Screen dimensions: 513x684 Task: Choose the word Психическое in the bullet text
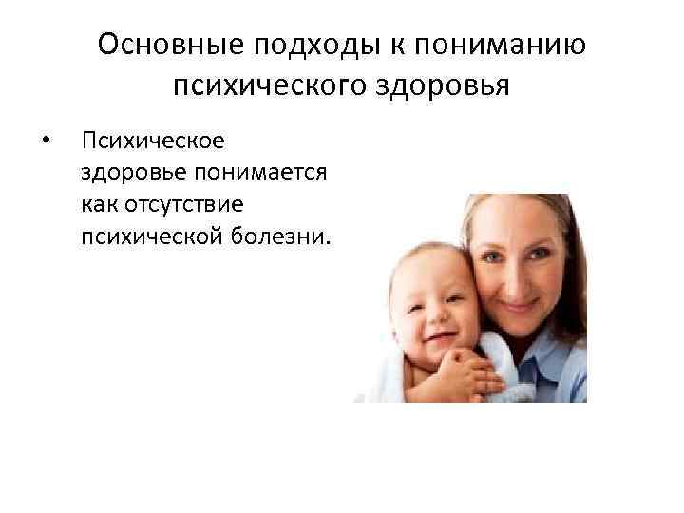(x=153, y=142)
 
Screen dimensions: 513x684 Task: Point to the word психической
(x=148, y=235)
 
